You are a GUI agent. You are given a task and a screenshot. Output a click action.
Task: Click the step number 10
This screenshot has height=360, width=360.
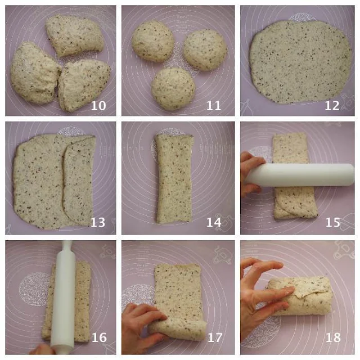point(98,106)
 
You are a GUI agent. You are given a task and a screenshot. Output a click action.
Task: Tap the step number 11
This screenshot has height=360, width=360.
point(214,106)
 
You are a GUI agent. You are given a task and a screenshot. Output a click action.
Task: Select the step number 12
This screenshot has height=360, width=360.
point(332,106)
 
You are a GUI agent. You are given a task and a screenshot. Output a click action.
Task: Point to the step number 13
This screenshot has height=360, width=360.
point(98,222)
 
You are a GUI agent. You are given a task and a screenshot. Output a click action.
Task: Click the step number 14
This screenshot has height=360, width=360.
point(214,222)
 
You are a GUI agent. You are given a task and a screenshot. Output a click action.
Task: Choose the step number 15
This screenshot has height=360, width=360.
point(333,222)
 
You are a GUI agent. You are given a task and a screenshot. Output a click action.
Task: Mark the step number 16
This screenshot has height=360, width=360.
point(99,337)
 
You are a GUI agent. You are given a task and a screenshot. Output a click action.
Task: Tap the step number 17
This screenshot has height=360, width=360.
point(215,337)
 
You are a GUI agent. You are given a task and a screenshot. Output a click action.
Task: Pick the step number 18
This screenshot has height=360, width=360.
point(334,337)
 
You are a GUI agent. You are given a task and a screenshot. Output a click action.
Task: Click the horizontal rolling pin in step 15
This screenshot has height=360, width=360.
point(300,175)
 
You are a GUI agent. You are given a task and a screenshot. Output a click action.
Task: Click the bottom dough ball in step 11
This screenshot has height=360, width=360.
point(173,89)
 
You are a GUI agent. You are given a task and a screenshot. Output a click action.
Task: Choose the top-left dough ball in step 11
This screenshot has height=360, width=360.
point(153,41)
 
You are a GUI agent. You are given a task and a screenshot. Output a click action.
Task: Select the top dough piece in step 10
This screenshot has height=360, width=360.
point(75,35)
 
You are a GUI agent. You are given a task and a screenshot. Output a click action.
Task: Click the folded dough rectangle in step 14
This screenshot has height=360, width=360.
point(174,179)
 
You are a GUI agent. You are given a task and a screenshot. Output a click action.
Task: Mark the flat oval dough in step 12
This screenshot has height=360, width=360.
point(300,61)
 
